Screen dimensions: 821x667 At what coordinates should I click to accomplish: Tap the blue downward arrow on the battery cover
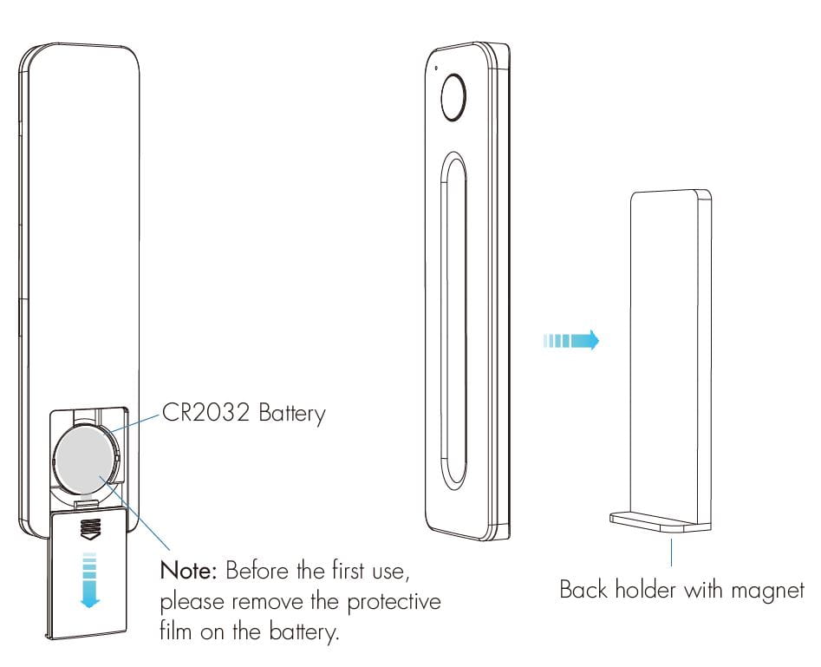(90, 580)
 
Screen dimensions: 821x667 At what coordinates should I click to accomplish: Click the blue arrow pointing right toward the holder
(571, 340)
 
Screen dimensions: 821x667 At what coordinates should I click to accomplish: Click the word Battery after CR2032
(292, 414)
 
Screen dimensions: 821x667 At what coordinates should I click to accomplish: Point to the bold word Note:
(188, 570)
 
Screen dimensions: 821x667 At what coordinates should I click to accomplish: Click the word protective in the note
(394, 601)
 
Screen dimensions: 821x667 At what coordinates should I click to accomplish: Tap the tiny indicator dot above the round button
(437, 68)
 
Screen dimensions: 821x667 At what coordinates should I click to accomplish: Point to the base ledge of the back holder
(660, 522)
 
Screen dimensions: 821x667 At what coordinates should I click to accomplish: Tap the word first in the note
(348, 570)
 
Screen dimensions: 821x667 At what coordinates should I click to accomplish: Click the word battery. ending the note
(304, 631)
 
